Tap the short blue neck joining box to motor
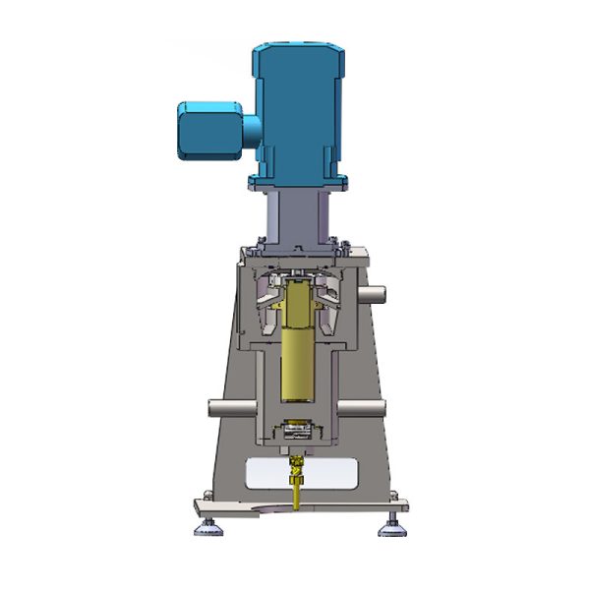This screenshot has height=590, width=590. point(251,128)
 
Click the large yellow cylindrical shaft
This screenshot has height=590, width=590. point(294,359)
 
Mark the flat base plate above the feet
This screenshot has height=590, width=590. point(295,506)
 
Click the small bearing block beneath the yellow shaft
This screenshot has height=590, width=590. point(294,430)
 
